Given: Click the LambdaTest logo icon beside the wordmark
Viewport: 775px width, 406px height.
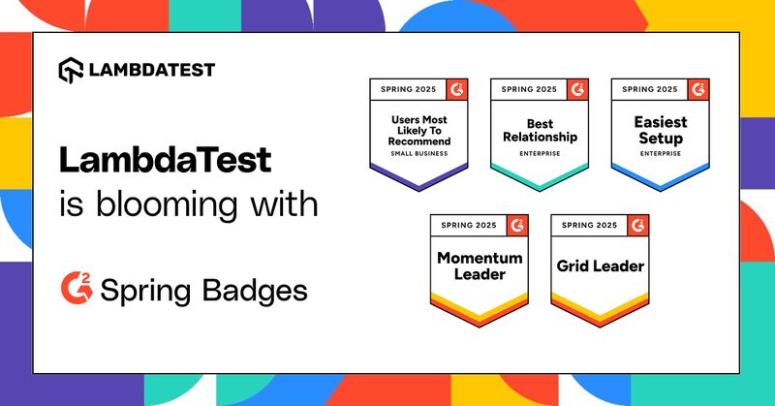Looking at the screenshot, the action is tap(71, 70).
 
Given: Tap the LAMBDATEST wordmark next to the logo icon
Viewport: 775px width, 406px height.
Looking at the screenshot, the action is tap(152, 70).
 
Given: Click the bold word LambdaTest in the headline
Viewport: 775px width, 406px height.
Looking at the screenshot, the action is tap(165, 160).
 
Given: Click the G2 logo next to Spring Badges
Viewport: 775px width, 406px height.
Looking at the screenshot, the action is tap(77, 288).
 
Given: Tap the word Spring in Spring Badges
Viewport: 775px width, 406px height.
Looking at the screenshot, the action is tap(145, 292).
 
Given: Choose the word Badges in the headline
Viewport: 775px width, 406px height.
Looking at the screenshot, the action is tap(255, 291).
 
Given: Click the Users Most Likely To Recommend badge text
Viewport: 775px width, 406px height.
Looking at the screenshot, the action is tap(419, 131).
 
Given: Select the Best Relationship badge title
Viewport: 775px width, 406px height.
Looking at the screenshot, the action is tap(540, 131).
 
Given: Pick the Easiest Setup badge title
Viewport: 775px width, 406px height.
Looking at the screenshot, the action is tap(661, 130).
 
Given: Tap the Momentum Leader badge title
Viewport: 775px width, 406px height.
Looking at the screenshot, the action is tap(480, 266).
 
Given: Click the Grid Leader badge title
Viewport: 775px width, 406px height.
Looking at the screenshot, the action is tap(600, 266).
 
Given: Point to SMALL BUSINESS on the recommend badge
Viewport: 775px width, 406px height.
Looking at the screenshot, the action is tap(419, 154).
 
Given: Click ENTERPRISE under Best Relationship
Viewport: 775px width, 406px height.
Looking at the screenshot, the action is tap(540, 154).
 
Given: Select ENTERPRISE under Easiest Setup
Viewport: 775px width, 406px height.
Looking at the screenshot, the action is tap(661, 154).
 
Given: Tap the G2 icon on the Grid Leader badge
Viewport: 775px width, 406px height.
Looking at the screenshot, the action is tap(637, 226).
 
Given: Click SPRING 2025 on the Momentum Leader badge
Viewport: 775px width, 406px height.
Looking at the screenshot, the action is tap(469, 225).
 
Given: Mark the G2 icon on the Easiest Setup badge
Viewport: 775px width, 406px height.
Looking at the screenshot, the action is tap(698, 89).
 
